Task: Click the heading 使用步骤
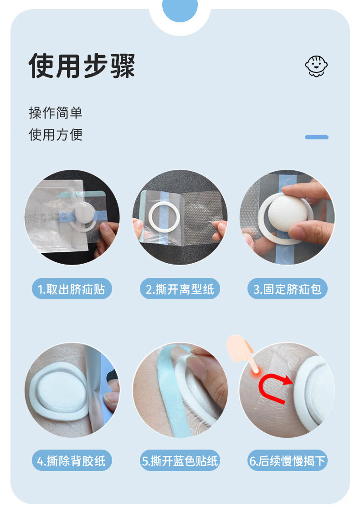(x=82, y=66)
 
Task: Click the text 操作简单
(x=56, y=113)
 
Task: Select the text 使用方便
(x=56, y=134)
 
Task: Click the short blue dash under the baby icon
(x=316, y=137)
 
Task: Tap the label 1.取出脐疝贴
(x=72, y=289)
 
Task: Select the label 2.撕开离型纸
(x=180, y=289)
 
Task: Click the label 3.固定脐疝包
(x=288, y=289)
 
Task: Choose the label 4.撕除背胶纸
(x=72, y=460)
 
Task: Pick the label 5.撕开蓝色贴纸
(x=180, y=460)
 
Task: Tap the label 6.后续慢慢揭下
(x=288, y=460)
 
